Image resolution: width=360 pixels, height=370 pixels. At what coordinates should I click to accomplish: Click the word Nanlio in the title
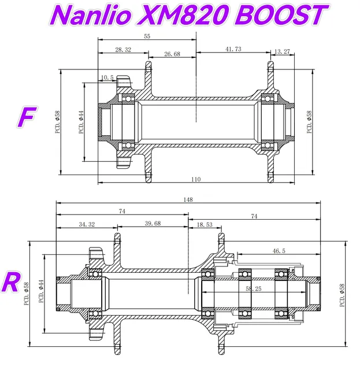95,16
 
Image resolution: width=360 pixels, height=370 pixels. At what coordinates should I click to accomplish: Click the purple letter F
25,116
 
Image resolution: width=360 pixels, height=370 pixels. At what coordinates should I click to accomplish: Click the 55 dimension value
147,36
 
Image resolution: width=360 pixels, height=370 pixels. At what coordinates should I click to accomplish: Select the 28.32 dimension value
123,50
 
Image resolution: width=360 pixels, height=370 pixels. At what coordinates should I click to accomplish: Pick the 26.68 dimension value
172,54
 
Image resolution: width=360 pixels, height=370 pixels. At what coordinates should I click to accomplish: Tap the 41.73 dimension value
233,50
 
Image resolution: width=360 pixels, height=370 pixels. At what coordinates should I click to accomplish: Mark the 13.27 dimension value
282,51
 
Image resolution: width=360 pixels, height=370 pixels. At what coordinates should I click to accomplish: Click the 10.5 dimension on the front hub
107,77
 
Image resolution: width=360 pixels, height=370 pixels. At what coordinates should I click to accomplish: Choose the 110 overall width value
196,179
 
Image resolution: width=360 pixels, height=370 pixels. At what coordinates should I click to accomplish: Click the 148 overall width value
188,199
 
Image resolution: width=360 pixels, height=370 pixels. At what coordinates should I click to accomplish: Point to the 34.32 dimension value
87,224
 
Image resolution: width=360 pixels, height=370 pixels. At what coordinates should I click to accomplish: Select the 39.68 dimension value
153,224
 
